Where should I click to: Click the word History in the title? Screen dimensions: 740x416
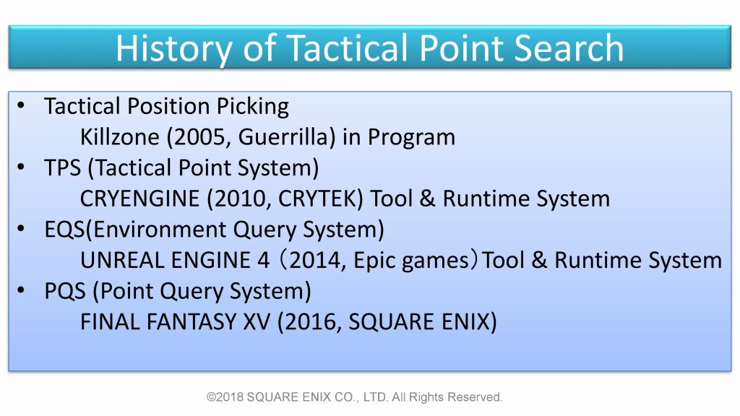pos(173,49)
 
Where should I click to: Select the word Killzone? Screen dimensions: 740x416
pos(120,136)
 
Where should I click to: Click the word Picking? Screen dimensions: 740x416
pos(252,107)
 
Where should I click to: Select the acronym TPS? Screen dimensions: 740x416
pos(62,168)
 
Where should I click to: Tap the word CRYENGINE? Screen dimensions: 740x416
pos(139,199)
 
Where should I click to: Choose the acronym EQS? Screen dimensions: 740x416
pos(64,230)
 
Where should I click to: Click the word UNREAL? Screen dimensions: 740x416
pos(122,260)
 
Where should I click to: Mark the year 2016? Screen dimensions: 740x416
pos(312,322)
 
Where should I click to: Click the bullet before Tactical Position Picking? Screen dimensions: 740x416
pos(21,105)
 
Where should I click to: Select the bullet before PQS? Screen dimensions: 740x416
pos(21,290)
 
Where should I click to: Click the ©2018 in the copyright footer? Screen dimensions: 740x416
pos(225,397)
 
